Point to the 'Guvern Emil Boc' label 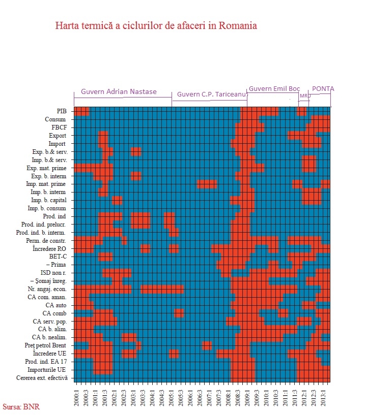(x=274, y=88)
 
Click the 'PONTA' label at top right (x=323, y=88)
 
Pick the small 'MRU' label (x=305, y=95)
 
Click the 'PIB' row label (x=61, y=111)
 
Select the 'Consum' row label (x=55, y=119)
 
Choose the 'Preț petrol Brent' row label (x=49, y=345)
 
